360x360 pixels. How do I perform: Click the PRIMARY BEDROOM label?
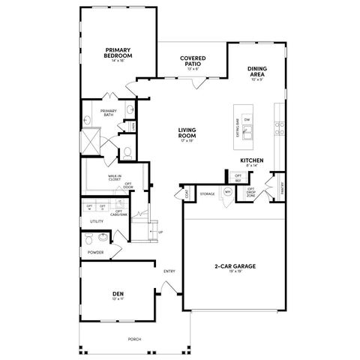[x=118, y=53]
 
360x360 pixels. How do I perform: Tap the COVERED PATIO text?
[x=193, y=61]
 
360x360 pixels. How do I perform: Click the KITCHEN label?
[x=250, y=160]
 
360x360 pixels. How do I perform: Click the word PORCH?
[x=134, y=338]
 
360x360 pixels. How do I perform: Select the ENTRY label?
[x=169, y=271]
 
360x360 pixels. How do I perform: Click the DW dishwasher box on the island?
[x=247, y=120]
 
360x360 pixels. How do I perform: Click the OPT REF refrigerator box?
[x=238, y=177]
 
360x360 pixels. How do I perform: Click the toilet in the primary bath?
[x=127, y=152]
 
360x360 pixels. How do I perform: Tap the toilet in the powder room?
[x=90, y=240]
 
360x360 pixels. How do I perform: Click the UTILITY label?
[x=97, y=221]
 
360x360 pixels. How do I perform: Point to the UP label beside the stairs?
[x=160, y=232]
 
